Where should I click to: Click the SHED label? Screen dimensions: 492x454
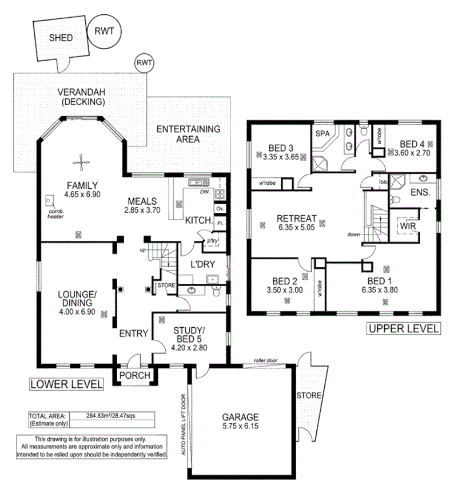[x=61, y=38]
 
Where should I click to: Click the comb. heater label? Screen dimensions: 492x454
[x=56, y=213]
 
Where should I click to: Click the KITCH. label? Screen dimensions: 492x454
[x=199, y=220]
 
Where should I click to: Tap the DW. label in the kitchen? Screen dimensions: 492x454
[x=204, y=192]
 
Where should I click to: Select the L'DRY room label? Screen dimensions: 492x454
[x=202, y=265]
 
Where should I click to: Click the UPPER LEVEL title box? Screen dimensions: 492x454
[x=404, y=328]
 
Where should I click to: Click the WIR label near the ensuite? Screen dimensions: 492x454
[x=407, y=227]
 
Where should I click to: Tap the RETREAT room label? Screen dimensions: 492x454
[x=296, y=218]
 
